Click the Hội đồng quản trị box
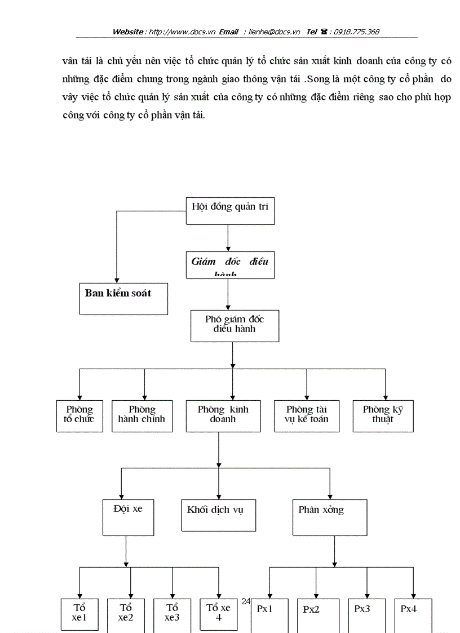(x=230, y=211)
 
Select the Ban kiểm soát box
(x=123, y=298)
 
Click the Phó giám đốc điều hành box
(x=235, y=325)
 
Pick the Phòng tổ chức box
(x=79, y=415)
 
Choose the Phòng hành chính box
(x=142, y=415)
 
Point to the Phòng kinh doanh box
(x=223, y=415)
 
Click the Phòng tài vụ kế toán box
(x=307, y=415)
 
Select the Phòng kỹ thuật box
(x=383, y=415)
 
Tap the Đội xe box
(x=128, y=517)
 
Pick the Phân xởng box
(x=329, y=517)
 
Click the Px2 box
(x=318, y=614)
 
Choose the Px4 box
(x=413, y=614)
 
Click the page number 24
(x=246, y=601)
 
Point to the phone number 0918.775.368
(x=356, y=32)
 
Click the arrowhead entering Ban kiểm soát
(x=117, y=280)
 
